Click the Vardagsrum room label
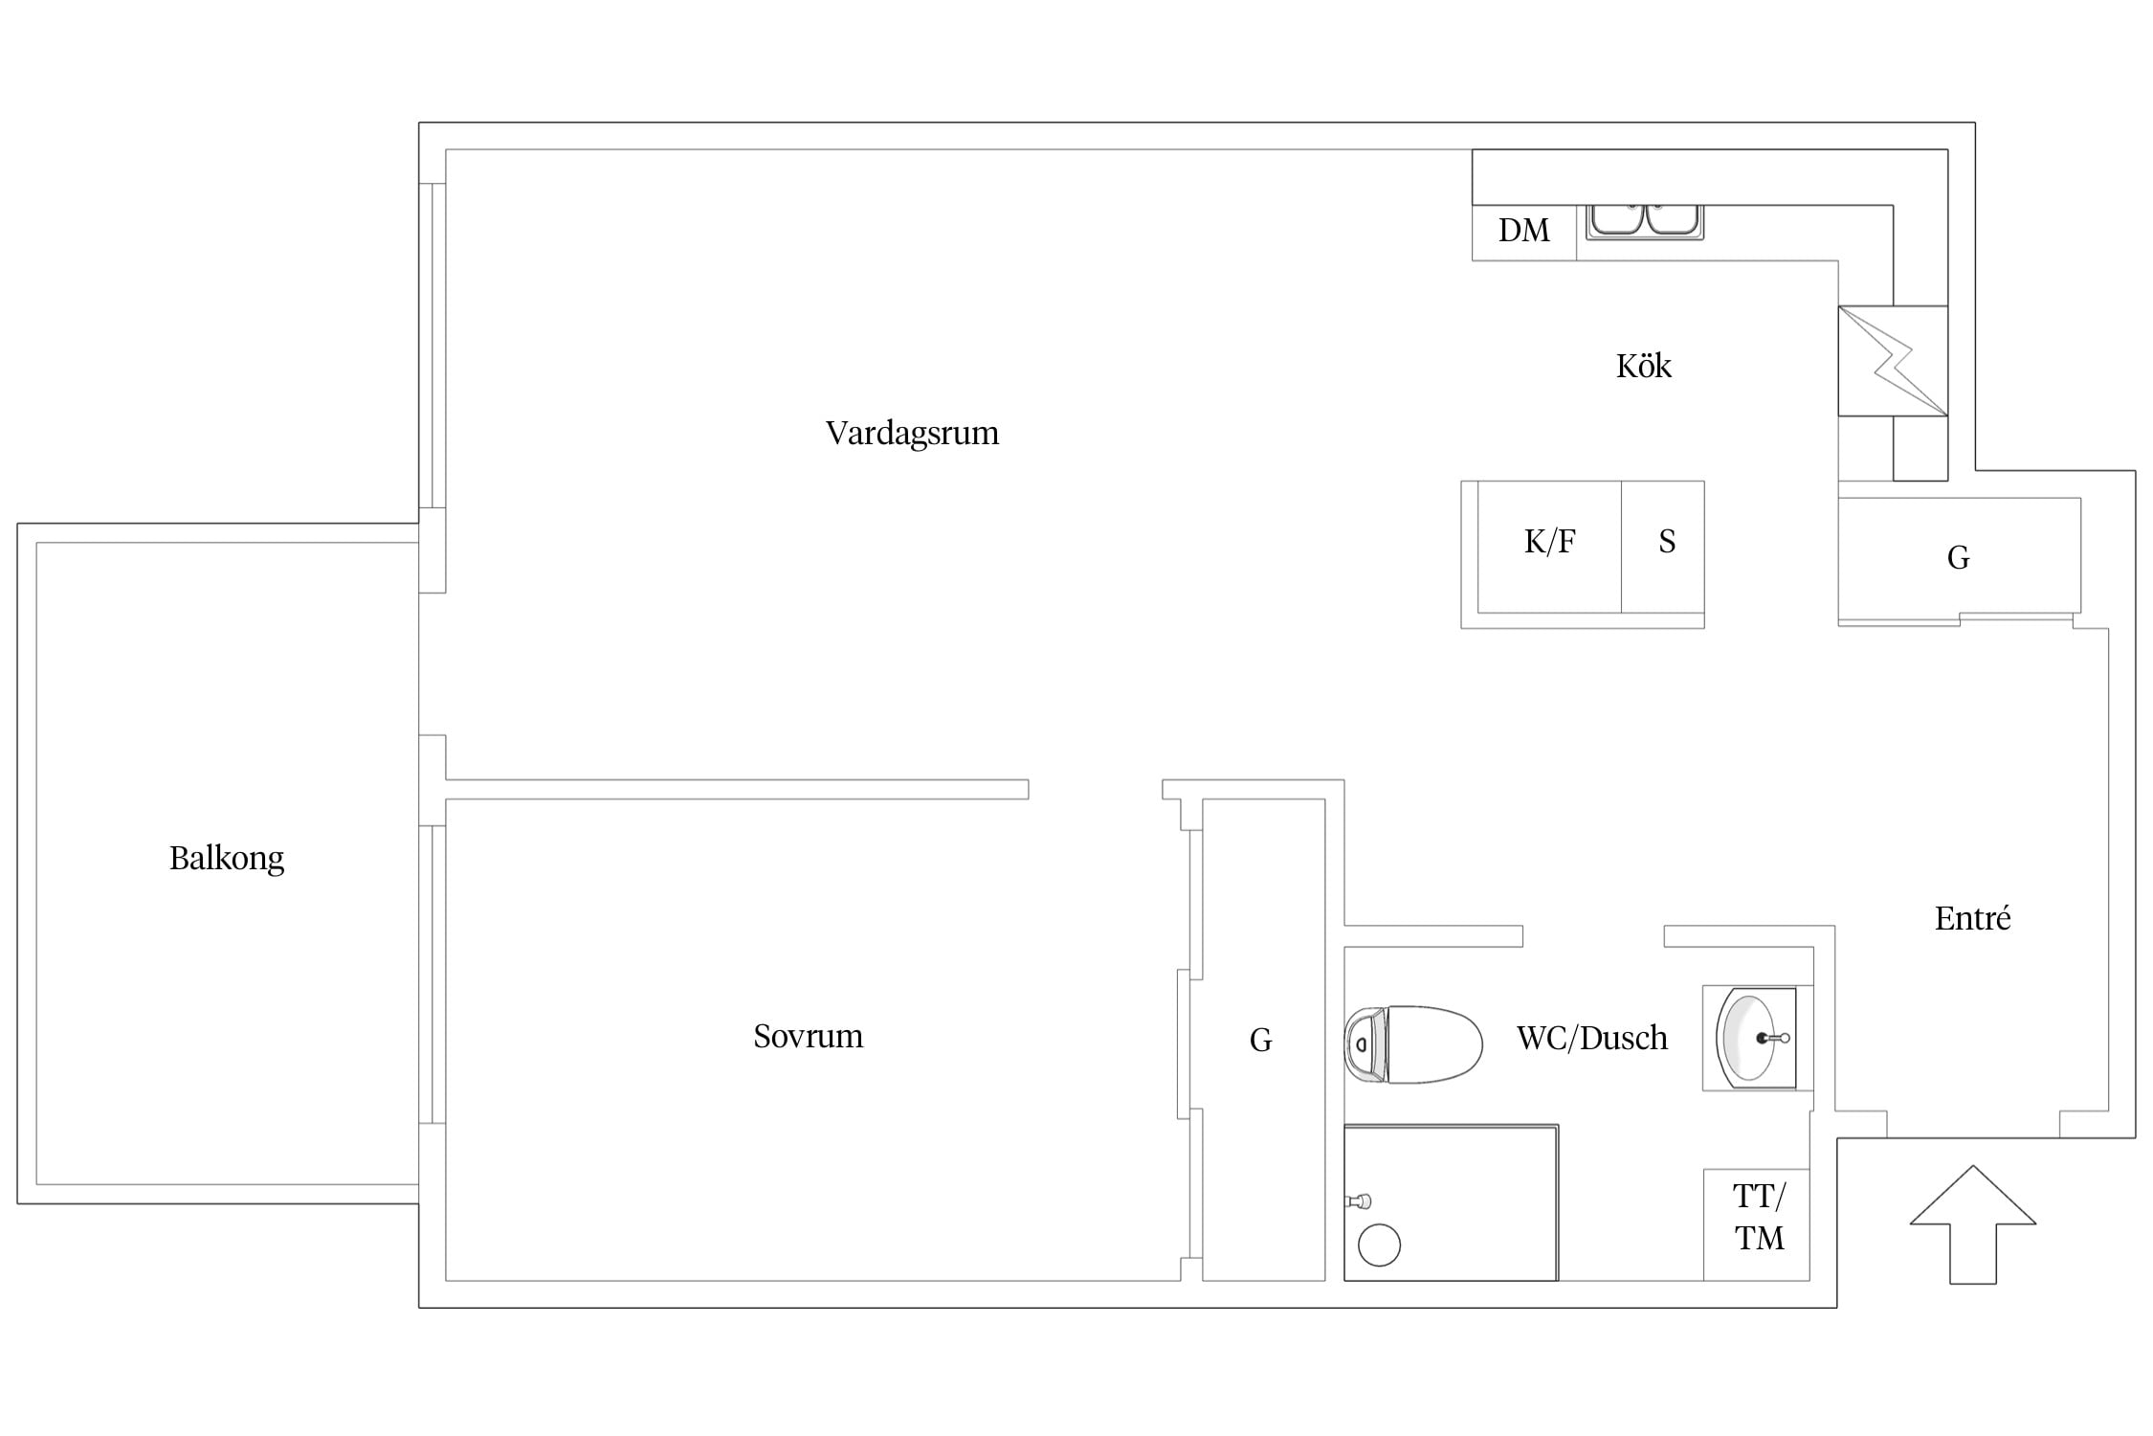point(912,434)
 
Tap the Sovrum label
point(808,1036)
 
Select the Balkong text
point(227,858)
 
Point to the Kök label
point(1644,366)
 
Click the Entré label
point(1972,918)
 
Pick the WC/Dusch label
point(1592,1038)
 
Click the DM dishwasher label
point(1524,231)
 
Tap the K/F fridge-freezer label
point(1549,542)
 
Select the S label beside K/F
point(1667,542)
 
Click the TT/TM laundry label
point(1759,1217)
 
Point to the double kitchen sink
point(1645,221)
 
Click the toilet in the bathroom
point(1413,1044)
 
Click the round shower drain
point(1379,1245)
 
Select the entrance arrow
point(1973,1224)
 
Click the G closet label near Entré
point(1958,558)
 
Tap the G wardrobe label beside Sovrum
point(1260,1041)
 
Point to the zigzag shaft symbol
point(1893,361)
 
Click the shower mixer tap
point(1359,1201)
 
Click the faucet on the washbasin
point(1773,1038)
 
